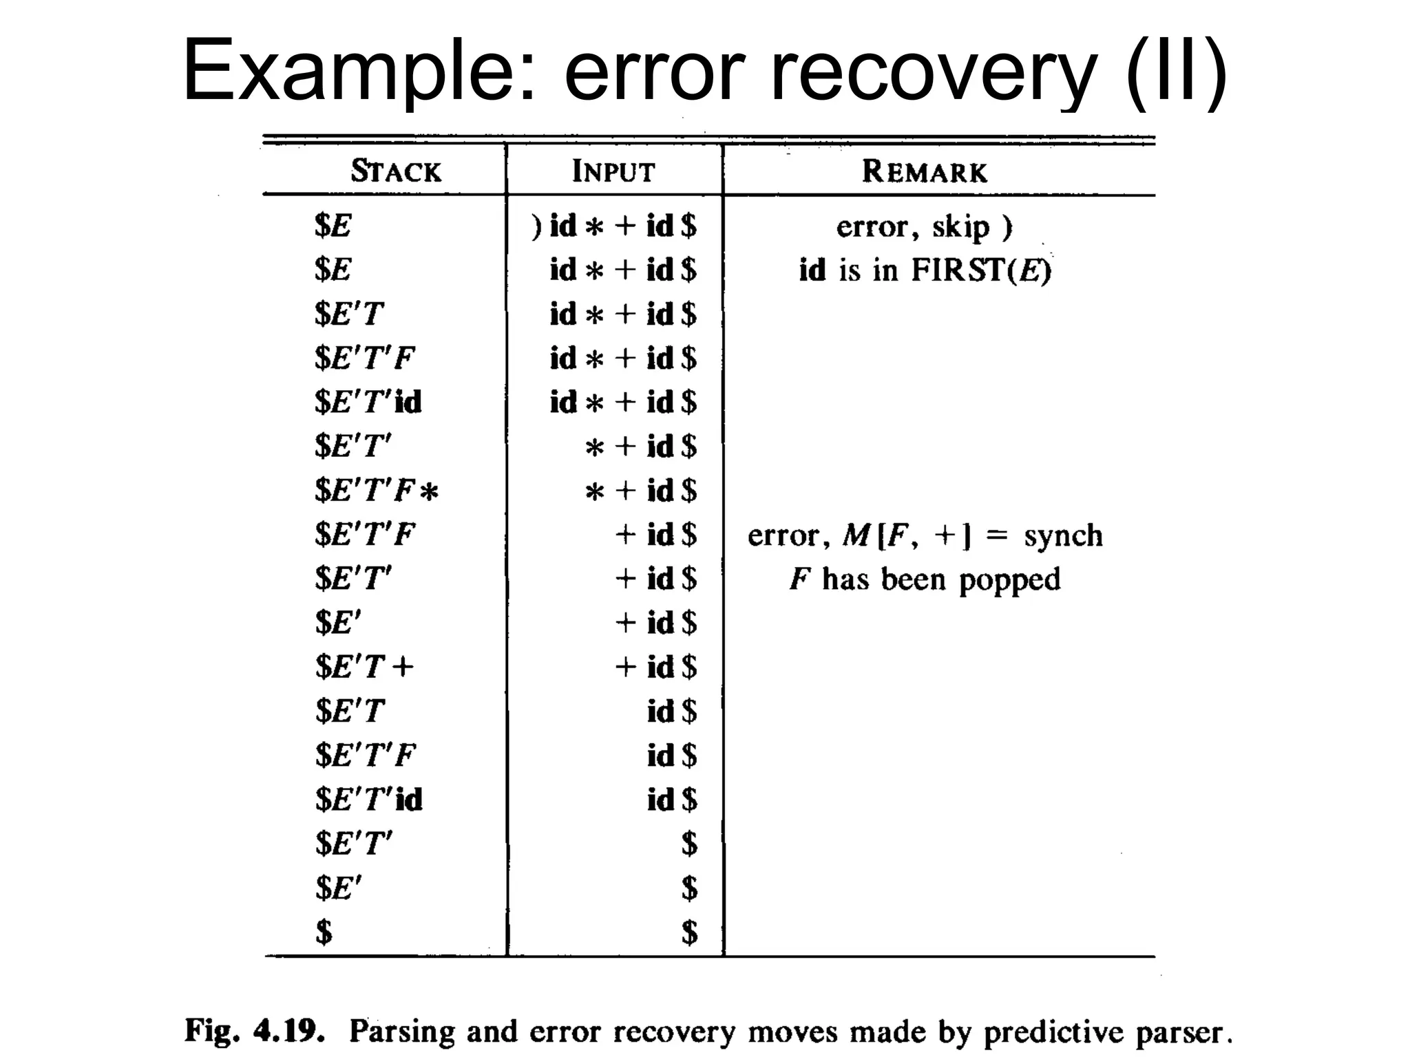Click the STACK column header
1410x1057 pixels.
coord(396,171)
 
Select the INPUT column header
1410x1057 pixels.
coord(613,171)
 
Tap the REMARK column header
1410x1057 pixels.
coord(925,171)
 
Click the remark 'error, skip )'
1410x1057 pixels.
coord(925,226)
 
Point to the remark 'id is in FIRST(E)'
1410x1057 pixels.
coord(925,270)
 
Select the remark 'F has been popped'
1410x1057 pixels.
coord(925,579)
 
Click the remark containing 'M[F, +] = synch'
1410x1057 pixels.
coord(925,535)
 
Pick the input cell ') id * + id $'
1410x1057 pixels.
coord(613,226)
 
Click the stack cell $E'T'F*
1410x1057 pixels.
coord(376,491)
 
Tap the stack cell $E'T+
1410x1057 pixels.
coord(364,667)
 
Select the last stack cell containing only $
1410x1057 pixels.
coord(324,932)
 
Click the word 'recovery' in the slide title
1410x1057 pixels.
coord(933,72)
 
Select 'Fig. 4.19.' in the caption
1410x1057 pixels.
coord(254,1031)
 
